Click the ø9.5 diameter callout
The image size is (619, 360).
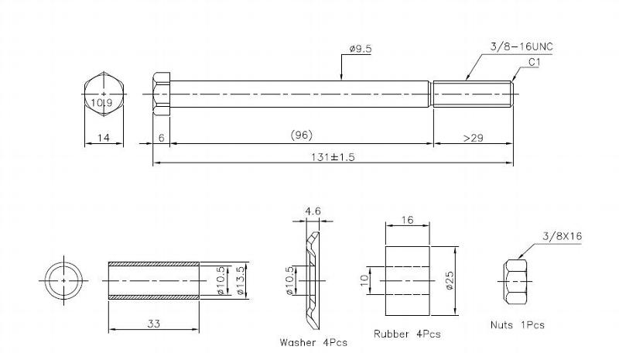(x=361, y=49)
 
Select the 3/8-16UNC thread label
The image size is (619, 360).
(x=522, y=46)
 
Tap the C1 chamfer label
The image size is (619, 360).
(x=534, y=62)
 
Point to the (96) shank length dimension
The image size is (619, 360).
(x=302, y=135)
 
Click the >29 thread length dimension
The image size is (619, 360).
(x=474, y=138)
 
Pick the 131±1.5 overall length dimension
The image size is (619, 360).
(x=333, y=157)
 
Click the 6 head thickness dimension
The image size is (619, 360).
(x=161, y=138)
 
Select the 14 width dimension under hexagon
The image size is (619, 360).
(x=104, y=138)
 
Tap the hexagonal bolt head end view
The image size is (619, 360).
(x=104, y=94)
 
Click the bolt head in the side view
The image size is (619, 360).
(x=162, y=94)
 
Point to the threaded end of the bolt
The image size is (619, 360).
(x=473, y=94)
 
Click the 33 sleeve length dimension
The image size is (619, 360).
(x=153, y=324)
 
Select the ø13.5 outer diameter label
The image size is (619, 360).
(x=241, y=280)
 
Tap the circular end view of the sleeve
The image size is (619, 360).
(x=63, y=280)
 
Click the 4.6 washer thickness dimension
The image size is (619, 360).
(x=313, y=211)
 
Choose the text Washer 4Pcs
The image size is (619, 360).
(x=313, y=342)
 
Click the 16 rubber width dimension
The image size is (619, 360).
(x=407, y=220)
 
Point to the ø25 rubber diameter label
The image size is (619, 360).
(x=450, y=280)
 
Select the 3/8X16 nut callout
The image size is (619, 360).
(x=563, y=236)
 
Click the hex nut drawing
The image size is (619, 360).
(x=515, y=281)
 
